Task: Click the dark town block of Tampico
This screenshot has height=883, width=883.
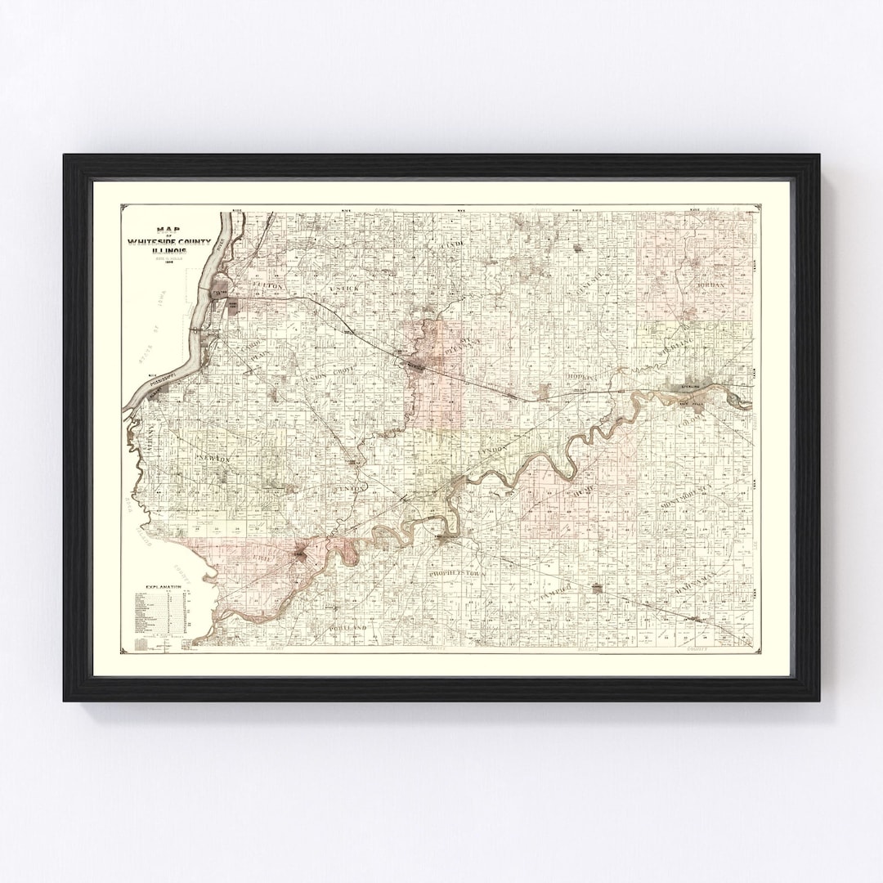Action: pos(598,587)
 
